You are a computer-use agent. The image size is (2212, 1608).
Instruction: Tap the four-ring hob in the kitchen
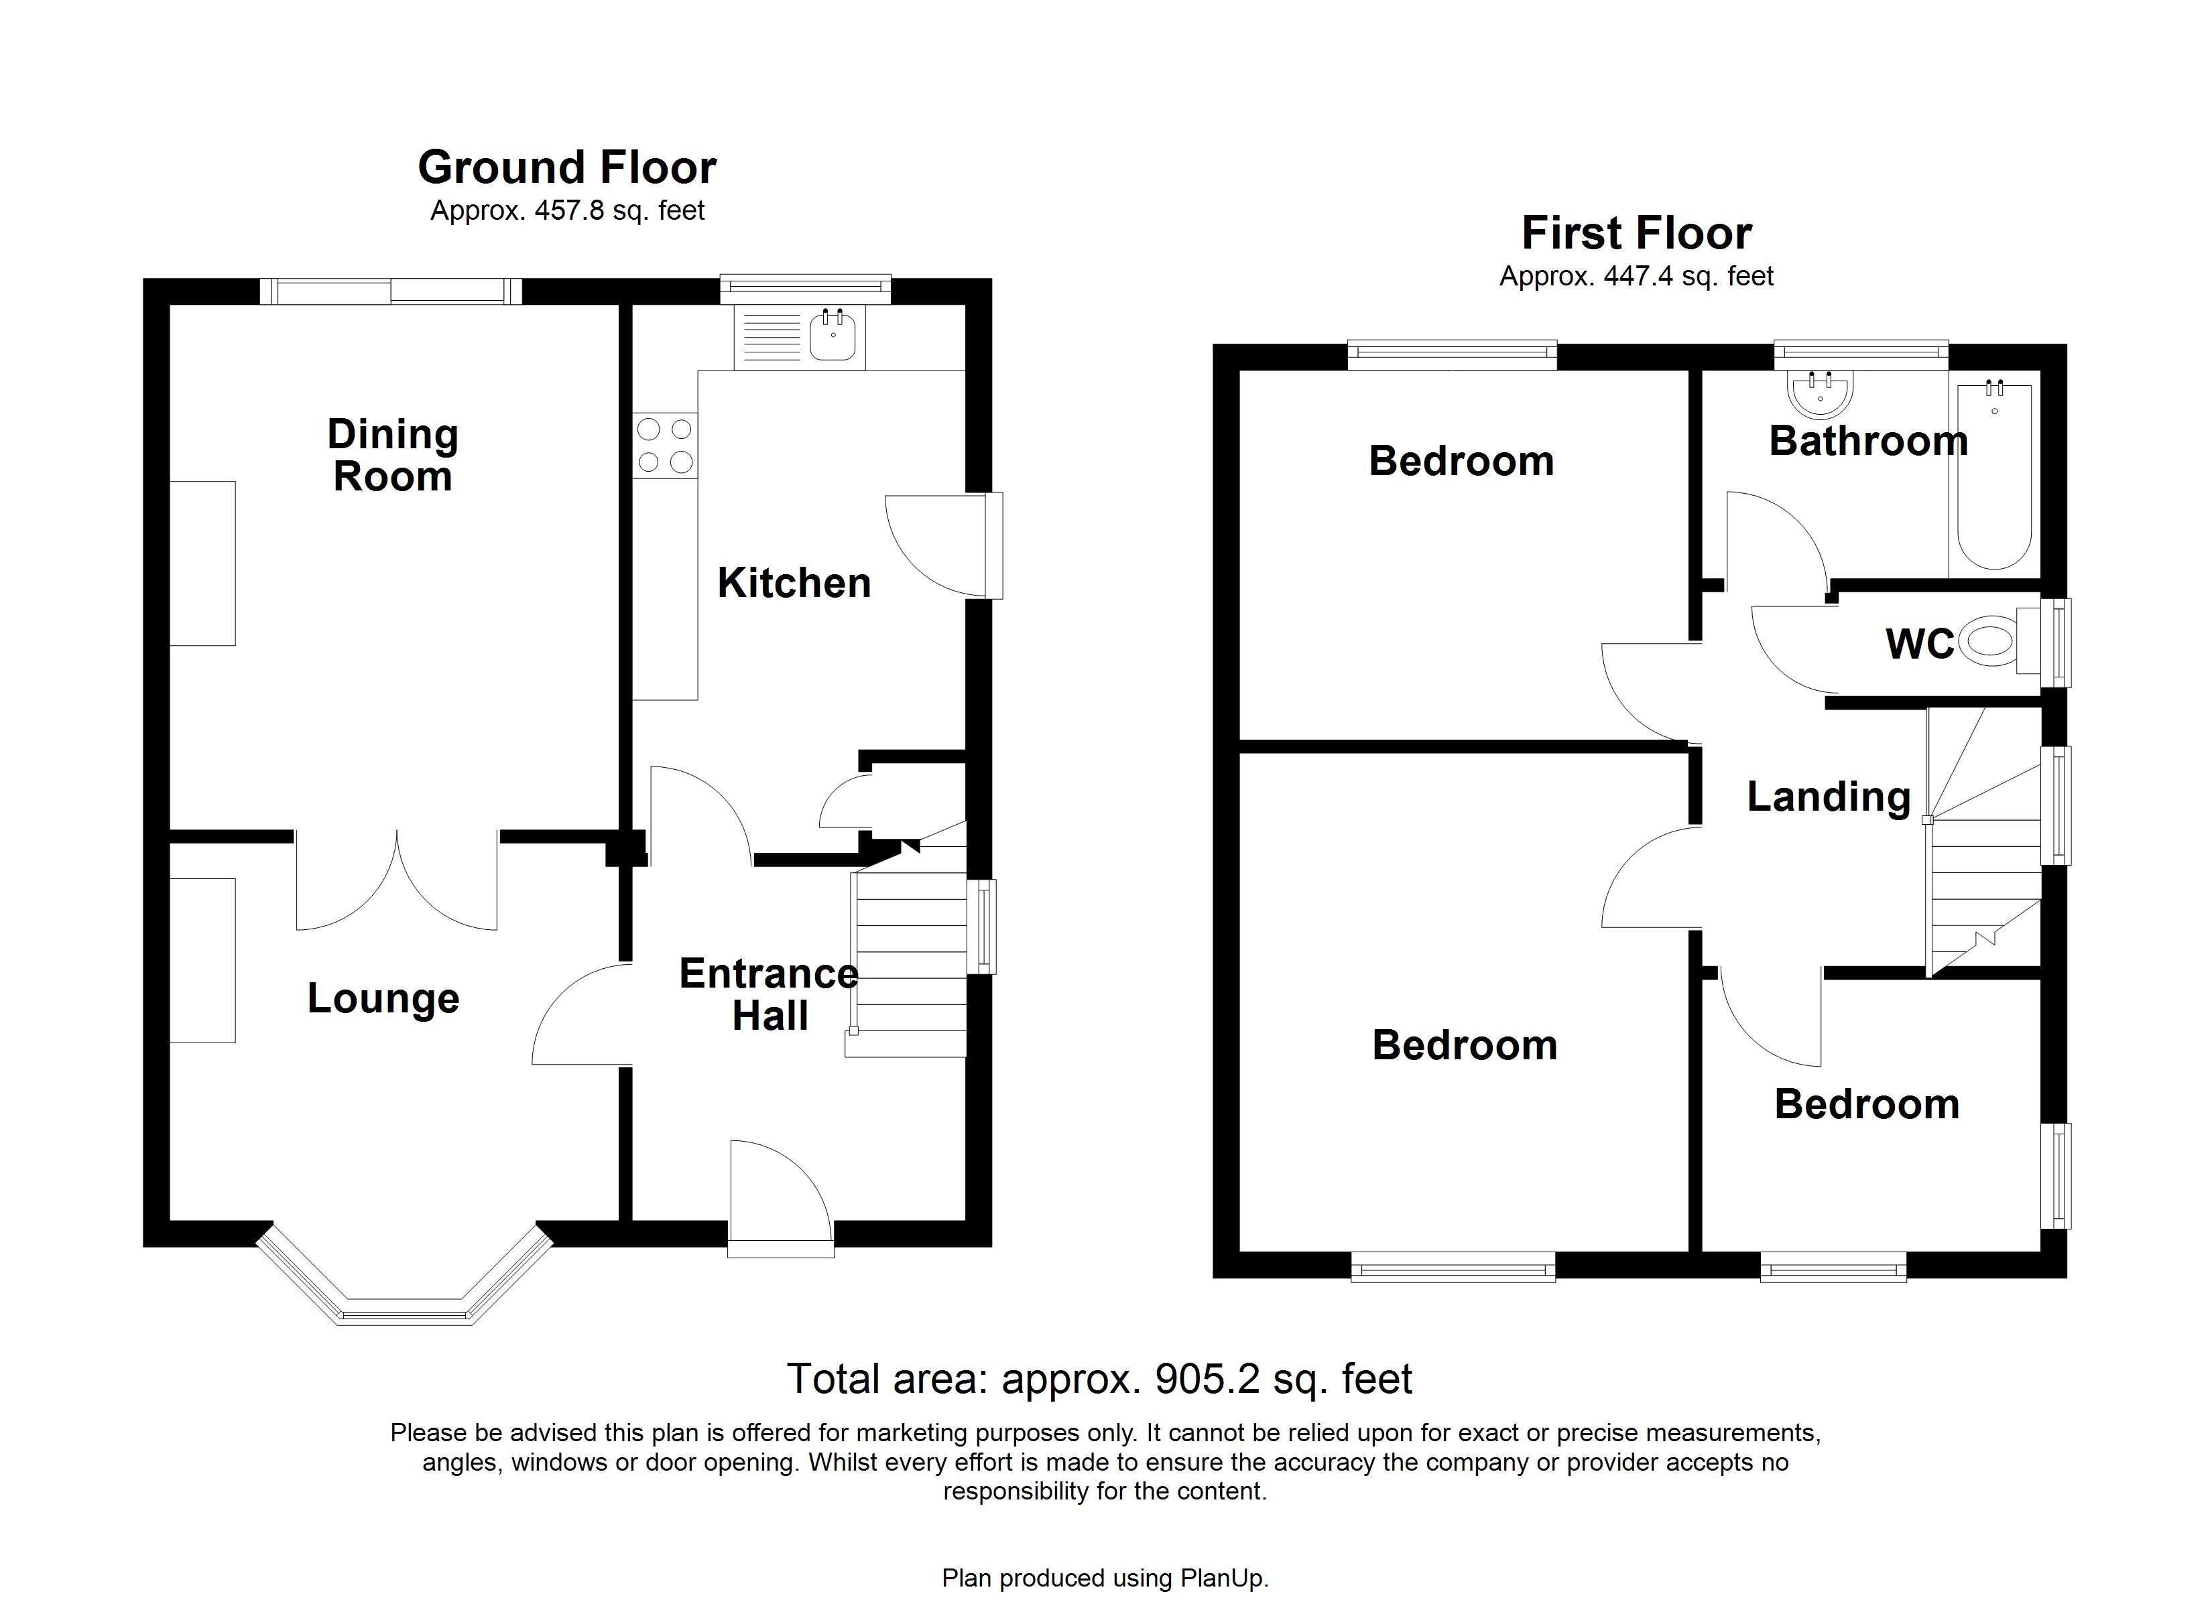[665, 446]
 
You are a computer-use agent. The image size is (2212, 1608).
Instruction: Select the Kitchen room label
[794, 583]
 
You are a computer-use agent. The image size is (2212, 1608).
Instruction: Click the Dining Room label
[393, 456]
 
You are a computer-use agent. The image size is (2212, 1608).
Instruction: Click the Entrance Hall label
[769, 995]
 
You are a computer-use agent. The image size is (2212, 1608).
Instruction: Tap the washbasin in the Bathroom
[1820, 394]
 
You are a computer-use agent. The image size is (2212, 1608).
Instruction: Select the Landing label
[1829, 797]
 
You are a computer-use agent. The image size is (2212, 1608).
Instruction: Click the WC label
[1919, 645]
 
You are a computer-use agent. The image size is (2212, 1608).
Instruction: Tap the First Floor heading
[1637, 234]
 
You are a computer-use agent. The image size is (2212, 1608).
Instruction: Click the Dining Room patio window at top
[391, 291]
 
